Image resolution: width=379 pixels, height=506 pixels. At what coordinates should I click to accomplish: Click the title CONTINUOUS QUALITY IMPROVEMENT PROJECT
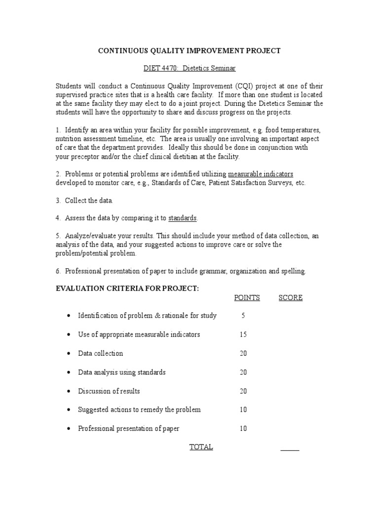coord(189,50)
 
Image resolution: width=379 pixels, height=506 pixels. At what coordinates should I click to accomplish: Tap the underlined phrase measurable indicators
coord(261,173)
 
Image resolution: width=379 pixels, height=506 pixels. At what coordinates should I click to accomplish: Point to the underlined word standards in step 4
coord(183,218)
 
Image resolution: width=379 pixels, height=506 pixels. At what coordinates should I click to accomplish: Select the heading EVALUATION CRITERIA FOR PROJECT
coord(127,288)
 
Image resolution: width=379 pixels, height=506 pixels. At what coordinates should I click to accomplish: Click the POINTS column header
coord(247,297)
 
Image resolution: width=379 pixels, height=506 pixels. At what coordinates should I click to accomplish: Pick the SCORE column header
coord(291,297)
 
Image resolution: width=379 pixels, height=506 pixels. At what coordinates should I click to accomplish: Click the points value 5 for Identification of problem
coord(243,316)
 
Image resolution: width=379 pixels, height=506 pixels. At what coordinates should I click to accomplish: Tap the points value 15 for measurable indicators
coord(243,335)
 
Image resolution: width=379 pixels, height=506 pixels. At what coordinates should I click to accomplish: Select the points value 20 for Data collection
coord(243,353)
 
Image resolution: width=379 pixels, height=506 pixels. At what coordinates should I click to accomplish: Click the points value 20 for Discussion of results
coord(243,391)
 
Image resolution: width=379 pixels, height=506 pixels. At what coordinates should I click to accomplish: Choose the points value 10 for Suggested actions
coord(243,410)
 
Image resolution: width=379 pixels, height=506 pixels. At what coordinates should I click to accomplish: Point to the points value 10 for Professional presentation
coord(243,428)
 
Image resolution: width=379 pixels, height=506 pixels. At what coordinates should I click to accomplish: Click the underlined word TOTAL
coord(201,447)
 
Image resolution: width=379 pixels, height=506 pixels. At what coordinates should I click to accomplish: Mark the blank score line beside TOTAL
coord(290,450)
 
